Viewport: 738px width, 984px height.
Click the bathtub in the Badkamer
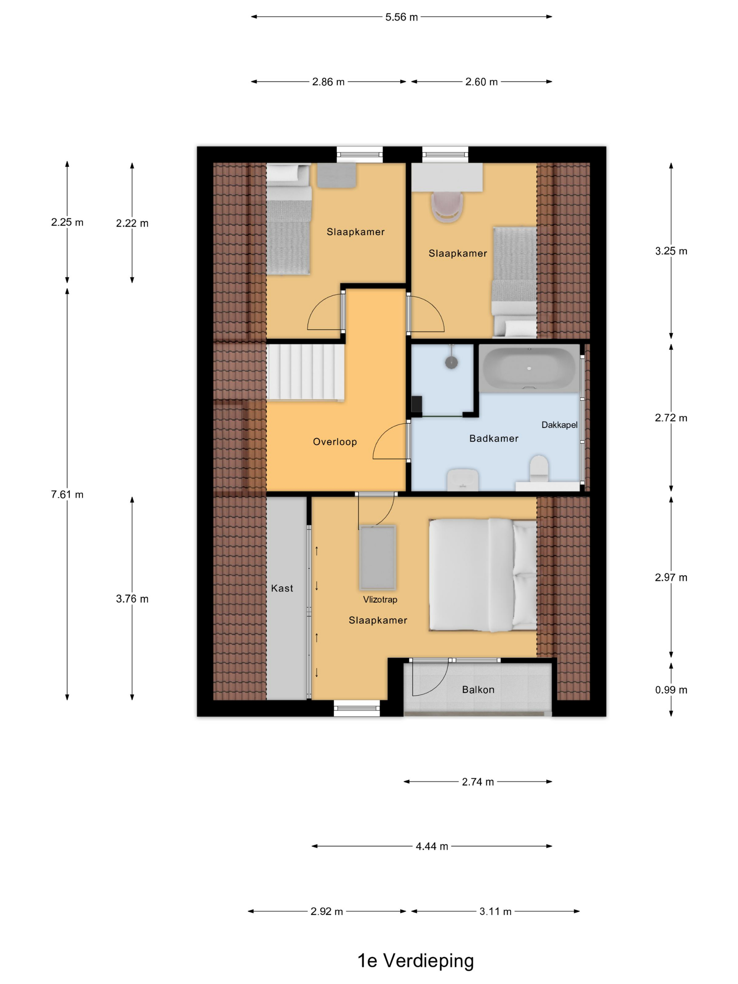(x=529, y=368)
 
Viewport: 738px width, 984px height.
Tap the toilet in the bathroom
(x=539, y=468)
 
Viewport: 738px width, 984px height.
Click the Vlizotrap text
(x=380, y=599)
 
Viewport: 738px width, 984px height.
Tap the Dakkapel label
(x=559, y=425)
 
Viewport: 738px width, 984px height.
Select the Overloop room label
(x=335, y=442)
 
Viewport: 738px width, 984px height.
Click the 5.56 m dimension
(x=401, y=17)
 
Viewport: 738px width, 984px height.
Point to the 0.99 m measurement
(x=671, y=690)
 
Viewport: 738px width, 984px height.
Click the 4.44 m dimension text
(x=432, y=846)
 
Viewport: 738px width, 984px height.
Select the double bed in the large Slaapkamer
(x=483, y=575)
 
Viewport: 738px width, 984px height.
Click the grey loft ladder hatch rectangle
(x=378, y=557)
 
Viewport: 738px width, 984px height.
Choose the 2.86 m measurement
(x=328, y=82)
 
